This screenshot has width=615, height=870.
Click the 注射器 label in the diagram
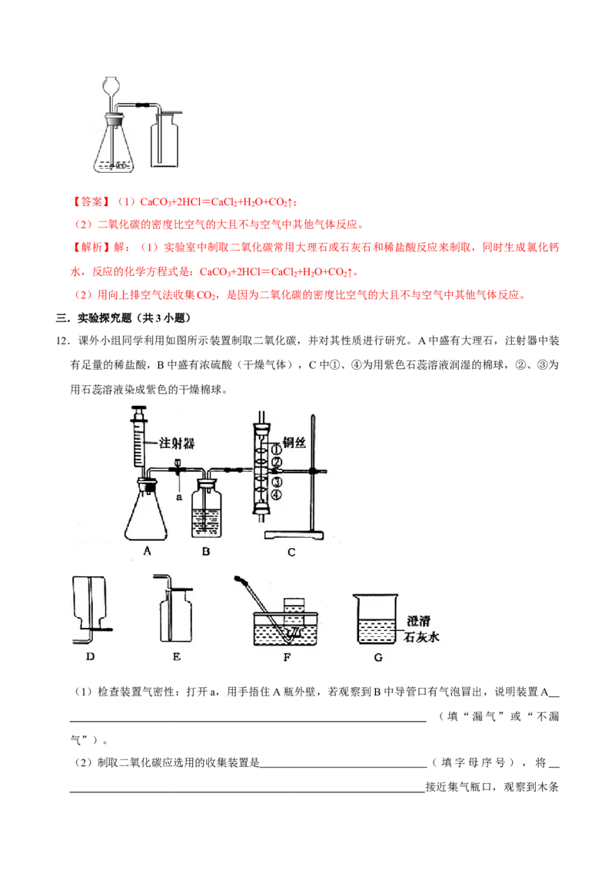coord(177,443)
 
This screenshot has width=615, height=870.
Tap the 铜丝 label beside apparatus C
coord(294,442)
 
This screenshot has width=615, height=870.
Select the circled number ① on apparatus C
coord(277,450)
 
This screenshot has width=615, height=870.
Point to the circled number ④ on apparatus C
coord(277,495)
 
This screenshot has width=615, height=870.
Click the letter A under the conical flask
coord(147,551)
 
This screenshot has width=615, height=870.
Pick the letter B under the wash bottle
coord(206,552)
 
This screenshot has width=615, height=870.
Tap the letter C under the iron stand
coord(291,552)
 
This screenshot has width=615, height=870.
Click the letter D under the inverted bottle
coord(91,656)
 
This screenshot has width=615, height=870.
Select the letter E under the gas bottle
coord(177,656)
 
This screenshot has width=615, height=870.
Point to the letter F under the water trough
coord(287,657)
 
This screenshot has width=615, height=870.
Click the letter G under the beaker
coord(378,657)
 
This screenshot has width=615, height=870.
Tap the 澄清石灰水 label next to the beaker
coord(421,629)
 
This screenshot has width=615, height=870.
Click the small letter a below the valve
coord(178,497)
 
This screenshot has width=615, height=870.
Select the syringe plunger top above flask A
coord(139,410)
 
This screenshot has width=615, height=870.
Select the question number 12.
coord(62,341)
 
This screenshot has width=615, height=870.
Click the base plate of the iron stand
coord(294,535)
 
